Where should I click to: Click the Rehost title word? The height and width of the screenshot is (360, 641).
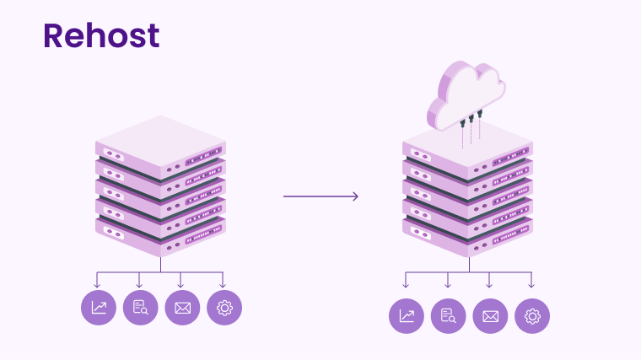point(101,35)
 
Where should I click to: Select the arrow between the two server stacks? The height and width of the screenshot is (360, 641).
point(320,196)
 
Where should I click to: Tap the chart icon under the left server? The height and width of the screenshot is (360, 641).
point(99,308)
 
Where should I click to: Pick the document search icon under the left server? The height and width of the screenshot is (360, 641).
point(140,308)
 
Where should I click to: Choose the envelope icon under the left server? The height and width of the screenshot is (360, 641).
point(182,308)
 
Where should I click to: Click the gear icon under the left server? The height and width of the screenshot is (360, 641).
point(224,308)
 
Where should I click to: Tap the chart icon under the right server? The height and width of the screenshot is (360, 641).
point(407,316)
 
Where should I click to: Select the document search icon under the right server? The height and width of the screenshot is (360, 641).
point(448,316)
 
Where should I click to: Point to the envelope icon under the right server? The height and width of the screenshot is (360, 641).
point(490,316)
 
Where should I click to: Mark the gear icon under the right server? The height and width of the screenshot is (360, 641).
point(532,316)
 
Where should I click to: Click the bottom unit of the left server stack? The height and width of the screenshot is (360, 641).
point(160,238)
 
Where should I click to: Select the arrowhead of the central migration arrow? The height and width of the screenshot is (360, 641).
point(354,196)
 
